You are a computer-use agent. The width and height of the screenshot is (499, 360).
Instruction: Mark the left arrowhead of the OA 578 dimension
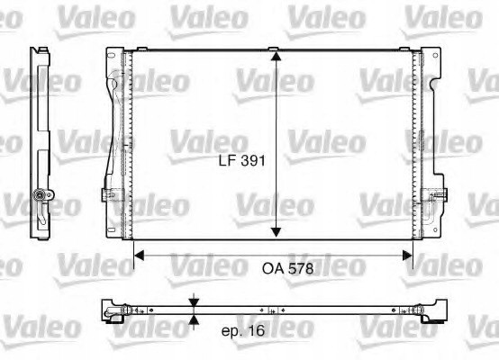[140, 256]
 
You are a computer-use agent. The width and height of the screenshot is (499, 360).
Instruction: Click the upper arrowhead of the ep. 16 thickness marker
[195, 301]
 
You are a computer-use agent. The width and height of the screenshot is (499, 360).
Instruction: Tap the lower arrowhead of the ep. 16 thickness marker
[195, 319]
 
